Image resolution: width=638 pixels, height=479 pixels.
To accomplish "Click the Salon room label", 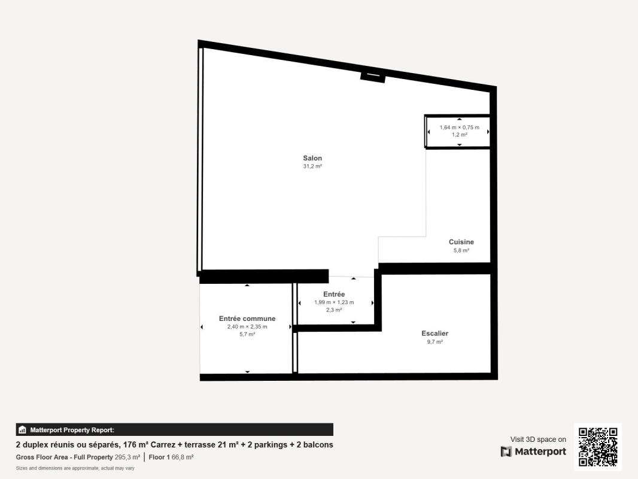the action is point(312,158).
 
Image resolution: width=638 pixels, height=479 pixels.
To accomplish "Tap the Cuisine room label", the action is point(461,242).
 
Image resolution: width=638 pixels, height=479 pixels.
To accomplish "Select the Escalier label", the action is point(435,334).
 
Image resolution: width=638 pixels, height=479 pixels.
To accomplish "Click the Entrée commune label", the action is point(247,319).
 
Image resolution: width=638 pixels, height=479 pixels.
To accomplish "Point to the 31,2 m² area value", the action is point(312,166).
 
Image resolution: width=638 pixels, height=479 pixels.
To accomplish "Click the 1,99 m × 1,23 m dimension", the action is point(334,302).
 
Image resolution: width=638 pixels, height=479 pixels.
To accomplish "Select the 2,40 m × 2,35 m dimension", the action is point(247,327).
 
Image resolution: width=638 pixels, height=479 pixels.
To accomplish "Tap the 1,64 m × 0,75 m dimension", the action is point(460,128).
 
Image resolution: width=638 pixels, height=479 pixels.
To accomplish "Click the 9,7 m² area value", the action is point(435,342).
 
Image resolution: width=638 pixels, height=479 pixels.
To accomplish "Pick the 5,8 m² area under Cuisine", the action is point(461,250).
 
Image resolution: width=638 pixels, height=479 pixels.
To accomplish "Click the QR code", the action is point(598,447).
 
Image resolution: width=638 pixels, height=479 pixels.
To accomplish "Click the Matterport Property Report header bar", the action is point(175,430).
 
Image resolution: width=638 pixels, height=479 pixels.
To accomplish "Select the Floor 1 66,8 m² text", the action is point(171,457).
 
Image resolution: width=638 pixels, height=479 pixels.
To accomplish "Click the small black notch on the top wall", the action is point(373,77).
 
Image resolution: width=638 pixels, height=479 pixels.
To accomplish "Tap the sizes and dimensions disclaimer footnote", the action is point(75,468).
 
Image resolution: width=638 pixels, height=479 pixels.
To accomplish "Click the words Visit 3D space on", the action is point(538,439).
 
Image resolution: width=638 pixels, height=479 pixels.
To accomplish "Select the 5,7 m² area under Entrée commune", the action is point(247,335).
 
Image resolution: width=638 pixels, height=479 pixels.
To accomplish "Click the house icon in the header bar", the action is point(23,430).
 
